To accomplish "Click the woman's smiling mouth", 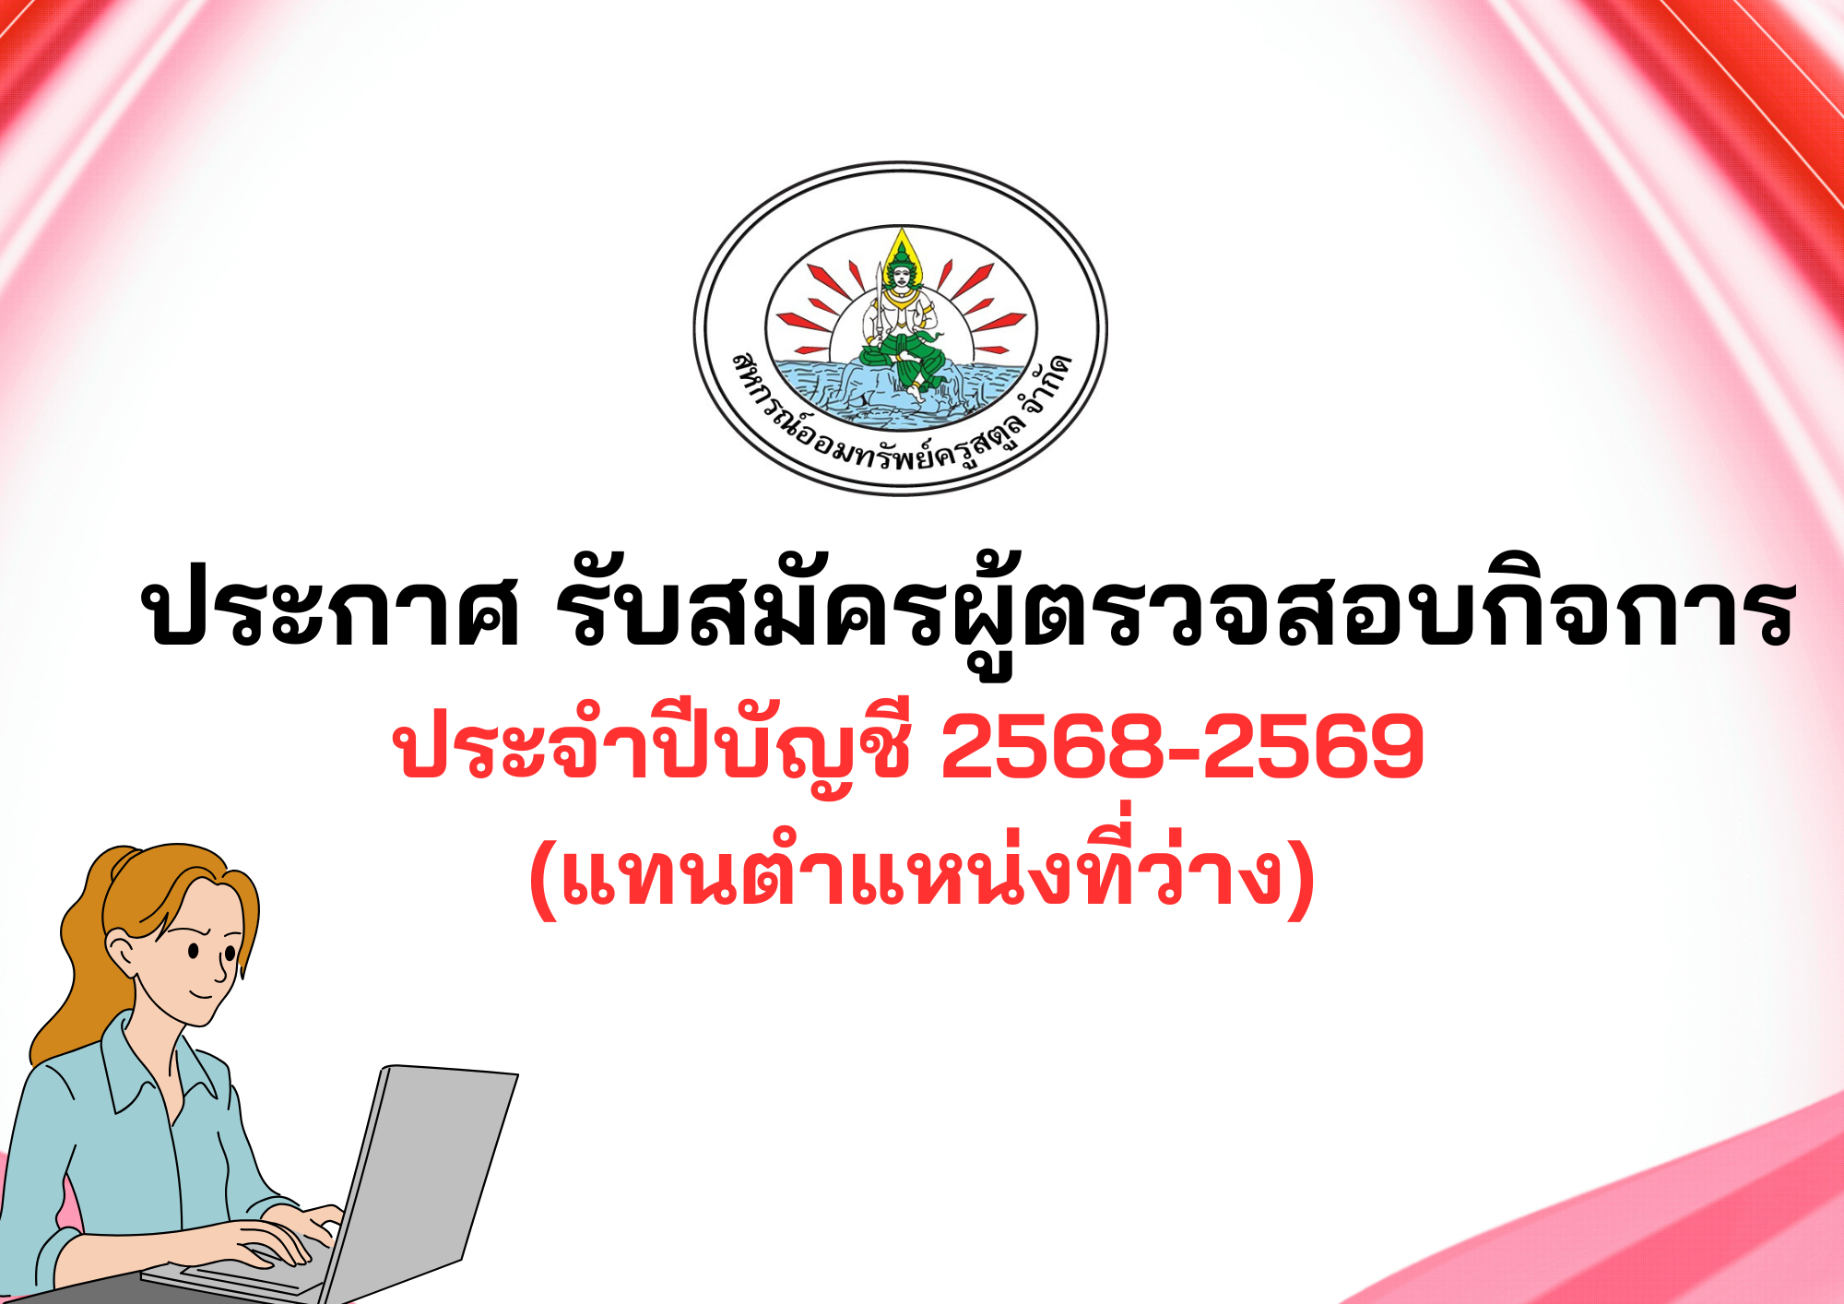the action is point(203,994).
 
